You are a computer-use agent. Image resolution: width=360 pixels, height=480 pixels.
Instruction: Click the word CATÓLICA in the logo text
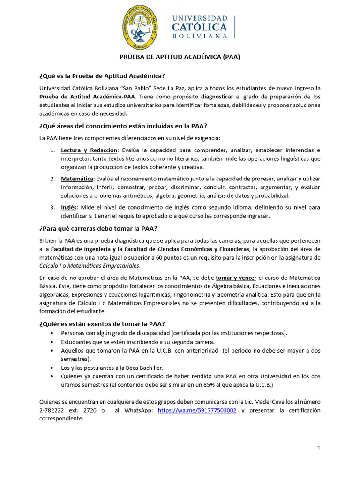click(x=199, y=27)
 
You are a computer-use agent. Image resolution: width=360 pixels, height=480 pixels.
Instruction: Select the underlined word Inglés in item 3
click(x=69, y=207)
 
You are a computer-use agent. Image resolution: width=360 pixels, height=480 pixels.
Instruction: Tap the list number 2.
click(x=52, y=179)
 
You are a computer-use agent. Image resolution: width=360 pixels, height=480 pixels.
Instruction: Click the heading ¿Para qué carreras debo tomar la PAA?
click(x=98, y=228)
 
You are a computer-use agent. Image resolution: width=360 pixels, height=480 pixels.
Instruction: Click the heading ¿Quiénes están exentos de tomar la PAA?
click(x=101, y=324)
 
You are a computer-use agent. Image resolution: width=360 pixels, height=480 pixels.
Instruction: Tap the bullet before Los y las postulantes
click(x=52, y=367)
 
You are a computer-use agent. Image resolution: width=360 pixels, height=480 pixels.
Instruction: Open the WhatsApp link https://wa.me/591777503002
click(x=197, y=410)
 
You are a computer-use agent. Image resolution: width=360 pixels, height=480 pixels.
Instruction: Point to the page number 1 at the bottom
click(x=319, y=449)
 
